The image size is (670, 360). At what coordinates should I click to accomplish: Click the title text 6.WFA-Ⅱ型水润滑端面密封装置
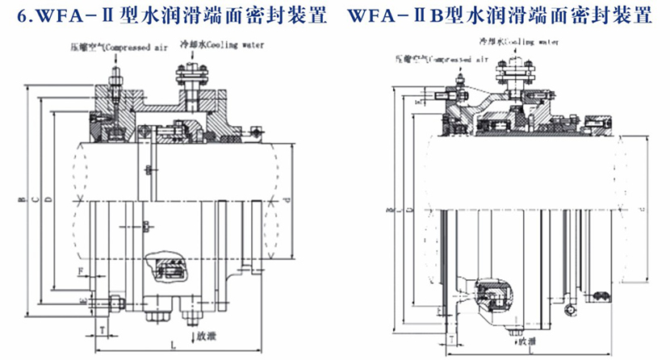point(166,15)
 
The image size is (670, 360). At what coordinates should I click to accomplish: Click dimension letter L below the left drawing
point(174,345)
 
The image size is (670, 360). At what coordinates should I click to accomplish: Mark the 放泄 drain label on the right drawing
point(526,341)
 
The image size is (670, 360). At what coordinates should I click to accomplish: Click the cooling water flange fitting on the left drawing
point(191,82)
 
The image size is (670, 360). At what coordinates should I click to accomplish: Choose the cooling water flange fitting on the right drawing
point(515,77)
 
